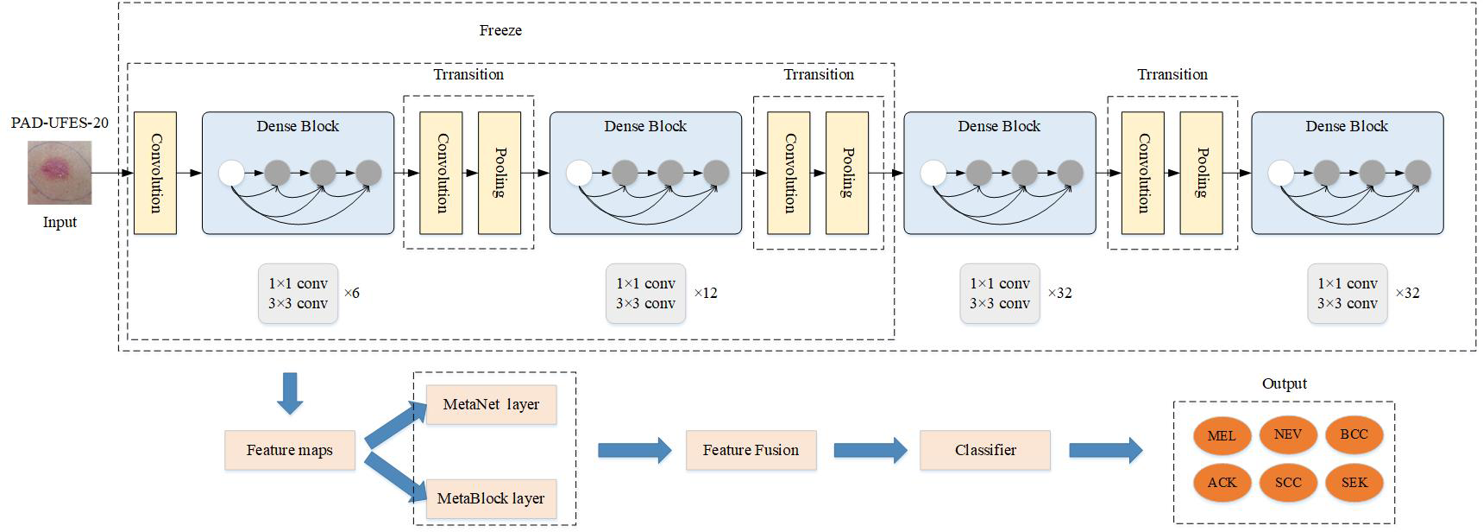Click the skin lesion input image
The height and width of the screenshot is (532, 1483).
tap(59, 174)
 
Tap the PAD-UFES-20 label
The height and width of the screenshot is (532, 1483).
tap(60, 123)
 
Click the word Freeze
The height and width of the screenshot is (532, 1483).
tap(500, 30)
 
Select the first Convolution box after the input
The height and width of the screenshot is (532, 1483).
tap(155, 173)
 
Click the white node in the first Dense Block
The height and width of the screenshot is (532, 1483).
tap(231, 173)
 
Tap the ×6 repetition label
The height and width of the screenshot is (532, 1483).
tap(352, 294)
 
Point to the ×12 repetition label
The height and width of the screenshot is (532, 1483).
tap(705, 294)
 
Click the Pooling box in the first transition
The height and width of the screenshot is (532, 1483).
tap(500, 173)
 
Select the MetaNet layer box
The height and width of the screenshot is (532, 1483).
tap(491, 404)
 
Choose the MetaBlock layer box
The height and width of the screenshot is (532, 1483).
tap(491, 498)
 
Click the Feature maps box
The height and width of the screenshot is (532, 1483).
tap(290, 450)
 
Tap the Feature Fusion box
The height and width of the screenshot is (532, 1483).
tap(751, 450)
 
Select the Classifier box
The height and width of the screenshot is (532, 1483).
tap(985, 450)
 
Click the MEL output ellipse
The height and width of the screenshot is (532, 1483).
tap(1222, 436)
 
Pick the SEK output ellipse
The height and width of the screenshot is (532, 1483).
tap(1354, 483)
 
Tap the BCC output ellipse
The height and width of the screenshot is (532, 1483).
tap(1354, 434)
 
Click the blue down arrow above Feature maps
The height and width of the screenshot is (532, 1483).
tap(290, 393)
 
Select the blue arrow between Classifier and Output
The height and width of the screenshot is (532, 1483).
tap(1105, 450)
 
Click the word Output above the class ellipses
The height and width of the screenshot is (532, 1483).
tap(1284, 383)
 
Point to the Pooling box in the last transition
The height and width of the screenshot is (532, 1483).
tap(1201, 173)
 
